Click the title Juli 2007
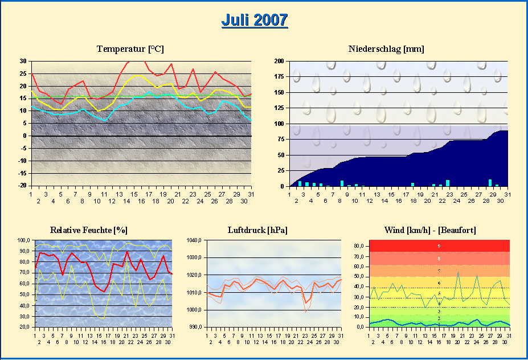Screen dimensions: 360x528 pyautogui.click(x=254, y=20)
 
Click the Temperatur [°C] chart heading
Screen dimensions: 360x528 pyautogui.click(x=130, y=49)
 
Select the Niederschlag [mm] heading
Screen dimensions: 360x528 pyautogui.click(x=386, y=49)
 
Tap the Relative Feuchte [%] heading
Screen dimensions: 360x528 pyautogui.click(x=88, y=230)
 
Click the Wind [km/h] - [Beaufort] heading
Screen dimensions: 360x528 pyautogui.click(x=430, y=230)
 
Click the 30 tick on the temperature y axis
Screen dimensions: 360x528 pyautogui.click(x=23, y=62)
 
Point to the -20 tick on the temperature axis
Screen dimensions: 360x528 pyautogui.click(x=22, y=186)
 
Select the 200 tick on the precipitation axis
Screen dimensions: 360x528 pyautogui.click(x=279, y=62)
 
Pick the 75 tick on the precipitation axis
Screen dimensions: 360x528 pyautogui.click(x=280, y=139)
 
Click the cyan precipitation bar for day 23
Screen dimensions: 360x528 pyautogui.click(x=448, y=183)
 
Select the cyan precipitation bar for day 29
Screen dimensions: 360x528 pyautogui.click(x=490, y=183)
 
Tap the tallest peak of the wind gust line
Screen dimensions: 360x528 pyautogui.click(x=458, y=272)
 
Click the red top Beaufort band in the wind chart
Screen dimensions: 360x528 pyautogui.click(x=439, y=246)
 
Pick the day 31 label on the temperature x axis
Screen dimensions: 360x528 pyautogui.click(x=251, y=194)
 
